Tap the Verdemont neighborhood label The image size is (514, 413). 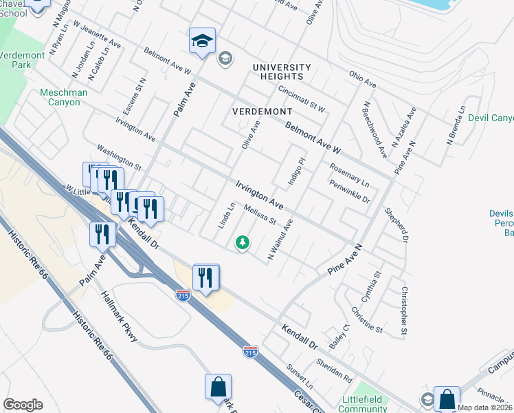(262, 111)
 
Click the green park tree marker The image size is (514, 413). (242, 242)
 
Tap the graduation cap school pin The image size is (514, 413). (203, 41)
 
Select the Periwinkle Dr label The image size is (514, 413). (350, 192)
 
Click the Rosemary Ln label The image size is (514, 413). (349, 175)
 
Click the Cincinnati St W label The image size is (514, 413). (302, 99)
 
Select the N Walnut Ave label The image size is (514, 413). (280, 240)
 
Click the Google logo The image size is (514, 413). (23, 405)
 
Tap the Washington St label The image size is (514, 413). (118, 158)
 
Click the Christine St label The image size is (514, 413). (366, 317)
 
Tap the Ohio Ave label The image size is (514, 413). (363, 79)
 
